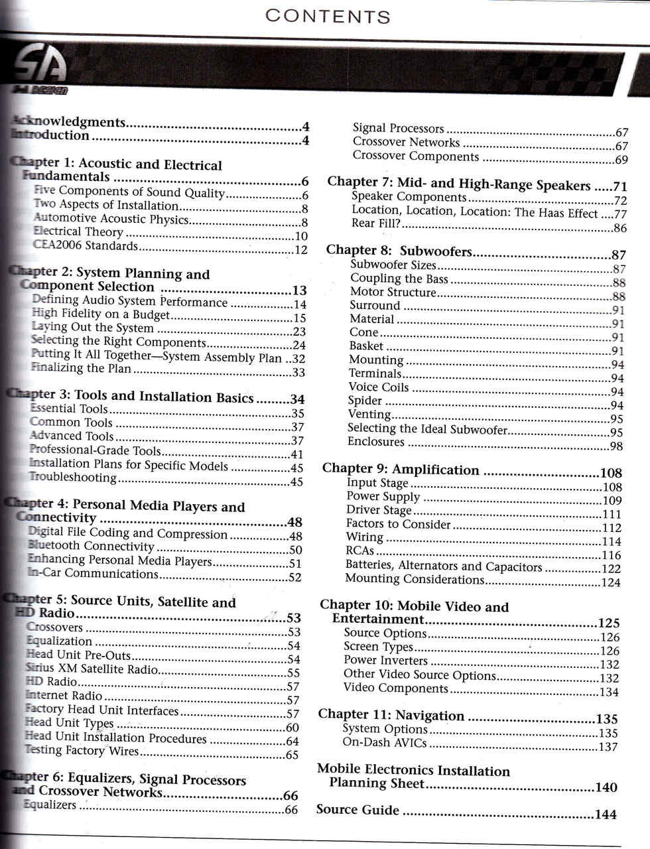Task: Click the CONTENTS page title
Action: tap(328, 16)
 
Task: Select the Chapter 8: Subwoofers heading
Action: tap(399, 251)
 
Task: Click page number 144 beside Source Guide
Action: tap(605, 815)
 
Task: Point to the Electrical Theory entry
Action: tap(78, 232)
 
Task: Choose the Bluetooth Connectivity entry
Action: tap(92, 547)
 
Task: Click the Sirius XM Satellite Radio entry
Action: tap(92, 669)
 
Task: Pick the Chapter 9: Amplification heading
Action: tap(401, 470)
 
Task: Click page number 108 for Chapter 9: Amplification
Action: tap(610, 473)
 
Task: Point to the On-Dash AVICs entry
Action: tap(384, 743)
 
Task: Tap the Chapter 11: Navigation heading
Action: tap(391, 715)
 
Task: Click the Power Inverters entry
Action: tap(385, 661)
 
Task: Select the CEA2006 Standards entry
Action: tap(86, 246)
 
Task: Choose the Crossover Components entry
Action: tap(415, 157)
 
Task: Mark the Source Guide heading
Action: tap(357, 810)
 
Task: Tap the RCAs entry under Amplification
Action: tap(360, 551)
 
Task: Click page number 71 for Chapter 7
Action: tap(619, 187)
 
